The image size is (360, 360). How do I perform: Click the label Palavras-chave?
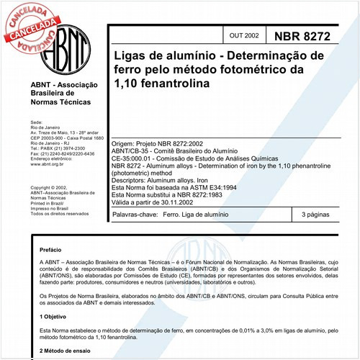tap(134, 215)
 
